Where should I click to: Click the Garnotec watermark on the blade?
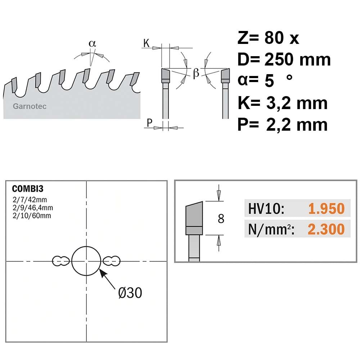coord(30,106)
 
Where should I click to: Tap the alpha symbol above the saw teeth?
coord(92,44)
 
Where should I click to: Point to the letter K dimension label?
coord(147,43)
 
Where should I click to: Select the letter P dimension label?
coord(149,123)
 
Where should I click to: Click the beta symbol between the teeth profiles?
coord(196,73)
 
